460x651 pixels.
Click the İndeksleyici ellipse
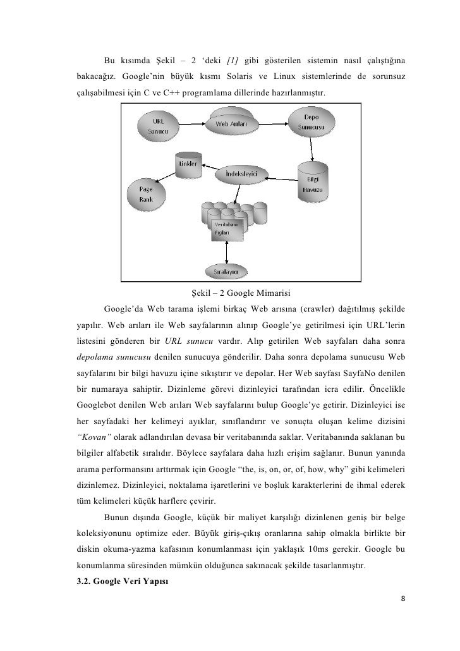[x=241, y=173]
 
